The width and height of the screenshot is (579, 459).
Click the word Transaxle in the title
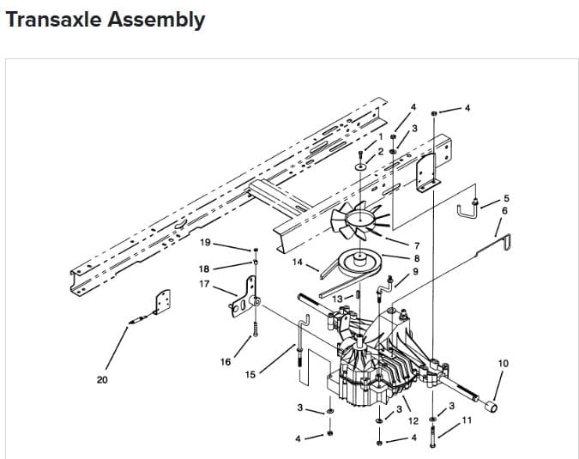coord(52,20)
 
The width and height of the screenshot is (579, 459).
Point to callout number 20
coord(102,379)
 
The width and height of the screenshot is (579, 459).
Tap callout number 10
coord(503,363)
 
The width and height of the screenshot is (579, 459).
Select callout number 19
coord(205,243)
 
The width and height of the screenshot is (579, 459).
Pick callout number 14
coord(298,261)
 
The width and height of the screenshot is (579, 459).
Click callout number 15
coord(250,374)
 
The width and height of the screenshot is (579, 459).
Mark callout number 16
coord(225,362)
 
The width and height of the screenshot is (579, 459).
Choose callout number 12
coord(413,420)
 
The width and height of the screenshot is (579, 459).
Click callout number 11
coord(467,420)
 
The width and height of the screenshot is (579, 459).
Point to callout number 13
coord(337,299)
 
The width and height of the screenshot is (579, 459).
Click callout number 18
coord(204,269)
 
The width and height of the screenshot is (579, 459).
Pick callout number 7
coord(416,247)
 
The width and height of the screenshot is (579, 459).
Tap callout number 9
coord(416,271)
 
